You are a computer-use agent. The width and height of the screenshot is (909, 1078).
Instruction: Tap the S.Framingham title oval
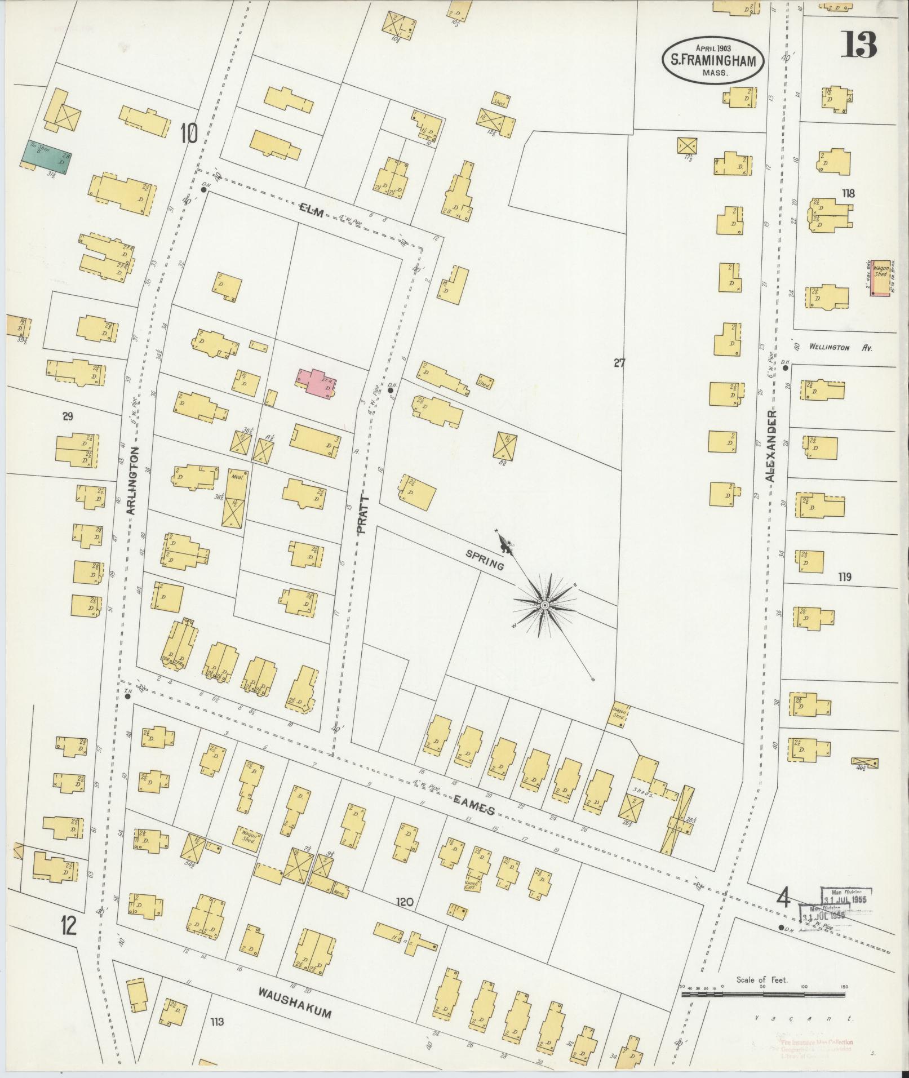712,61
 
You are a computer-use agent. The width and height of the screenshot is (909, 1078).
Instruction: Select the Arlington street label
132,481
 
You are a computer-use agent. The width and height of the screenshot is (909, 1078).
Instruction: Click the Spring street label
485,560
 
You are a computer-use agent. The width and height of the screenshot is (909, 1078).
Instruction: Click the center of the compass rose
544,606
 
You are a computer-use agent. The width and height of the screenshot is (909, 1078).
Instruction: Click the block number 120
404,902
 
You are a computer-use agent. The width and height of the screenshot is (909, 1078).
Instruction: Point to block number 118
848,193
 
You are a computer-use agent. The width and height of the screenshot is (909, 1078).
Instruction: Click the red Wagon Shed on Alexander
880,277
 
